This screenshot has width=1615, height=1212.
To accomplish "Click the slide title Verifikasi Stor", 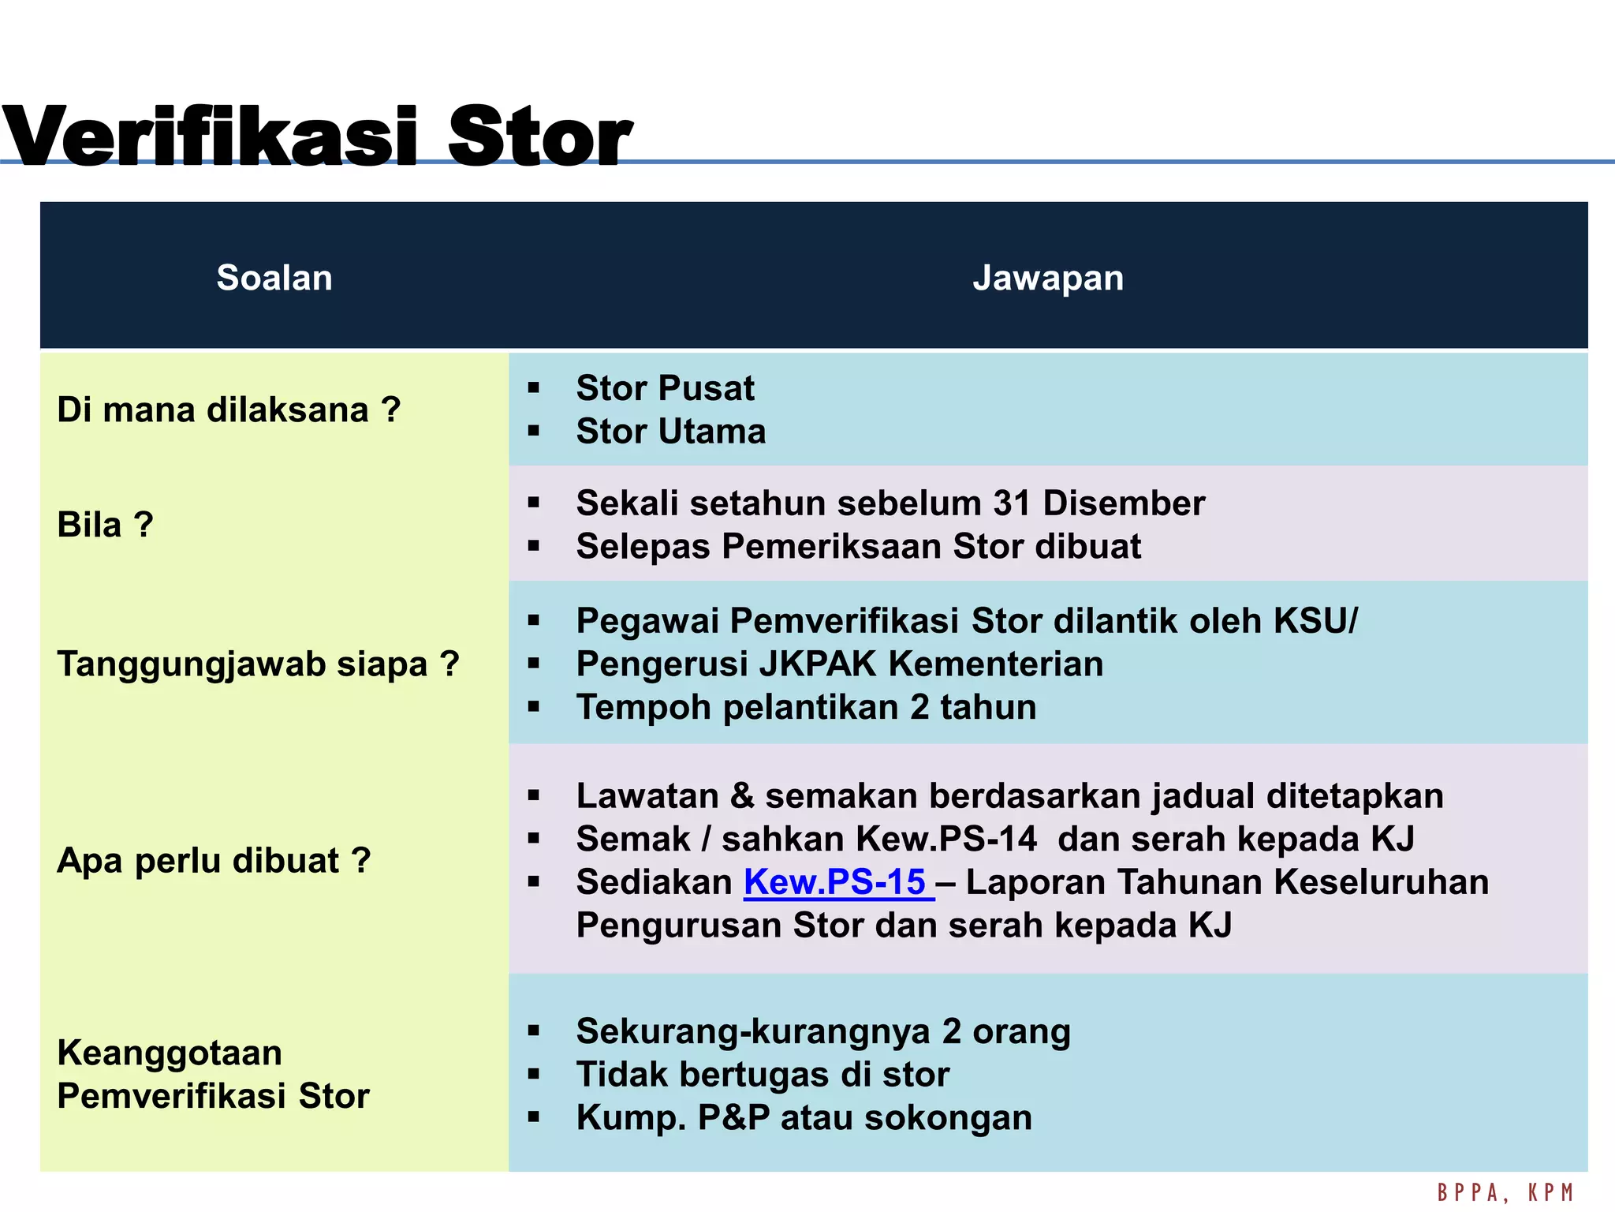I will pyautogui.click(x=315, y=136).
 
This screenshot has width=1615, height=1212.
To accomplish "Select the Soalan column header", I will pyautogui.click(x=274, y=278).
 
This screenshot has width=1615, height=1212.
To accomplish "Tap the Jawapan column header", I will pyautogui.click(x=1048, y=278).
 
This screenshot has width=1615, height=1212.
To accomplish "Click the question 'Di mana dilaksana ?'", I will pyautogui.click(x=229, y=410).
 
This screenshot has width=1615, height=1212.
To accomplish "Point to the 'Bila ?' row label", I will pyautogui.click(x=105, y=525).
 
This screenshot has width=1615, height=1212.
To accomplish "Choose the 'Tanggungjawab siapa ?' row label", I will pyautogui.click(x=258, y=664).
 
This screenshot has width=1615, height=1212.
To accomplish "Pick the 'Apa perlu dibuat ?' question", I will pyautogui.click(x=214, y=860).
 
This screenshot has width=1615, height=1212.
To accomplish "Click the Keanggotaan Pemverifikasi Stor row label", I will pyautogui.click(x=213, y=1074).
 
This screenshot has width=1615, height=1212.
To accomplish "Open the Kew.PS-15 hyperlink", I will pyautogui.click(x=836, y=882).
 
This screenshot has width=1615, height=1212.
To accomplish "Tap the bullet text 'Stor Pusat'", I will pyautogui.click(x=665, y=388).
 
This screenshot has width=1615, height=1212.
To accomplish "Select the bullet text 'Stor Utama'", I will pyautogui.click(x=670, y=432).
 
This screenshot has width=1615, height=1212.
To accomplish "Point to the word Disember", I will pyautogui.click(x=1124, y=503).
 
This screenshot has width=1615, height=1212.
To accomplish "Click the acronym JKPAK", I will pyautogui.click(x=818, y=664).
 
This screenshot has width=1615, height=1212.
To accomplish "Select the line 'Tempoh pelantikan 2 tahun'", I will pyautogui.click(x=806, y=707).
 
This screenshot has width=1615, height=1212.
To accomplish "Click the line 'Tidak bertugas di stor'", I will pyautogui.click(x=763, y=1075).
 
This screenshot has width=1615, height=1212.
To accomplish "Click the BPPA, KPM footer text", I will pyautogui.click(x=1505, y=1192).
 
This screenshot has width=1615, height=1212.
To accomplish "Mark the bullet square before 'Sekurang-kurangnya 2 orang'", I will pyautogui.click(x=534, y=1031).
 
